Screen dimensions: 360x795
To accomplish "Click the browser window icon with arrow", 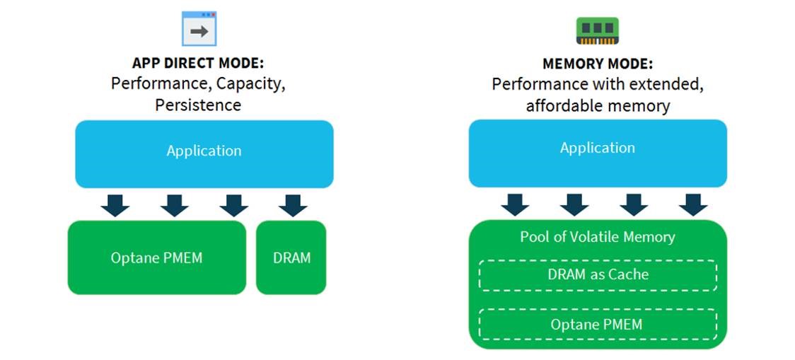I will tap(199, 29).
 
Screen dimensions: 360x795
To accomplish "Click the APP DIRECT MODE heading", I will tap(198, 64).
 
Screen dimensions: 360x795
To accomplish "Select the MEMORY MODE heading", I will tap(597, 64).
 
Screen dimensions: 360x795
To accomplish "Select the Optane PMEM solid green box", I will tap(157, 257).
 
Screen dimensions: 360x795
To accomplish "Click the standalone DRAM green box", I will tap(291, 257).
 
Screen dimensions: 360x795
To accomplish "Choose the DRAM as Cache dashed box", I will tap(598, 274).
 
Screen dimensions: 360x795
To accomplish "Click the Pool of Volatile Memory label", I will tap(598, 237).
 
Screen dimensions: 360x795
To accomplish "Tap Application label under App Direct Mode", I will tap(204, 151).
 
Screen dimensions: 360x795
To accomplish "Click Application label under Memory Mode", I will tap(598, 148).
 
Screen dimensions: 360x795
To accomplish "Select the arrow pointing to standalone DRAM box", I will tap(292, 204).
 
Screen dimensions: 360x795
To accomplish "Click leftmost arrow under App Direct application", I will tap(115, 204).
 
